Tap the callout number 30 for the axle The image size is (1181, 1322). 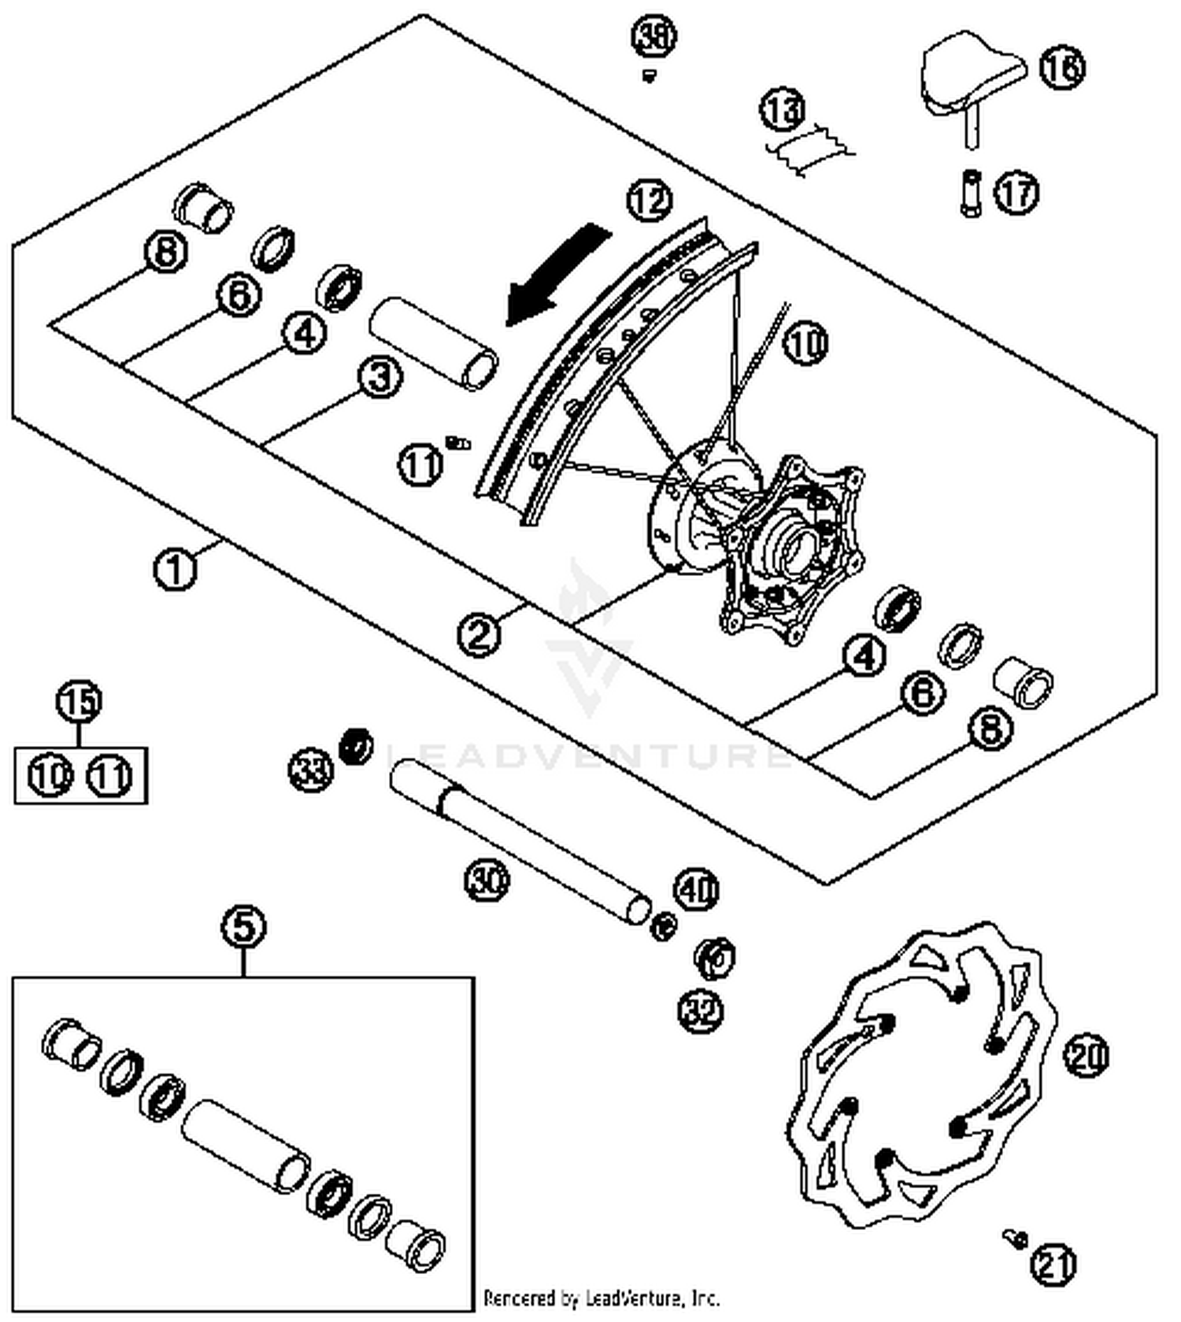(486, 879)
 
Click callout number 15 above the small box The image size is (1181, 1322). (80, 700)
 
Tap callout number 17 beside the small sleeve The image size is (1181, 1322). (1016, 192)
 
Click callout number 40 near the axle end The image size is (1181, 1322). (696, 890)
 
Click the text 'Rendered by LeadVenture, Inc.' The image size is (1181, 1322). (601, 1297)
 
